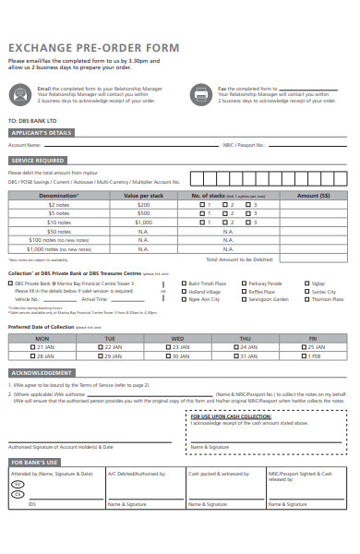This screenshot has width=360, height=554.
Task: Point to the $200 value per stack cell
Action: (x=143, y=204)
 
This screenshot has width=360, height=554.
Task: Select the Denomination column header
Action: (x=58, y=196)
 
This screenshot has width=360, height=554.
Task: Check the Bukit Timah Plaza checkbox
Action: (x=185, y=283)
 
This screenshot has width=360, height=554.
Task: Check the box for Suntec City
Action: (x=307, y=291)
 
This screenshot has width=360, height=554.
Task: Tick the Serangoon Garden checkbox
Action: (x=246, y=299)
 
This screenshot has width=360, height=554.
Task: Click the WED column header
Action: (x=177, y=338)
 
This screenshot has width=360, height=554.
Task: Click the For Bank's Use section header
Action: (x=35, y=461)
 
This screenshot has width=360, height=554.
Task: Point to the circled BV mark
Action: (x=16, y=485)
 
